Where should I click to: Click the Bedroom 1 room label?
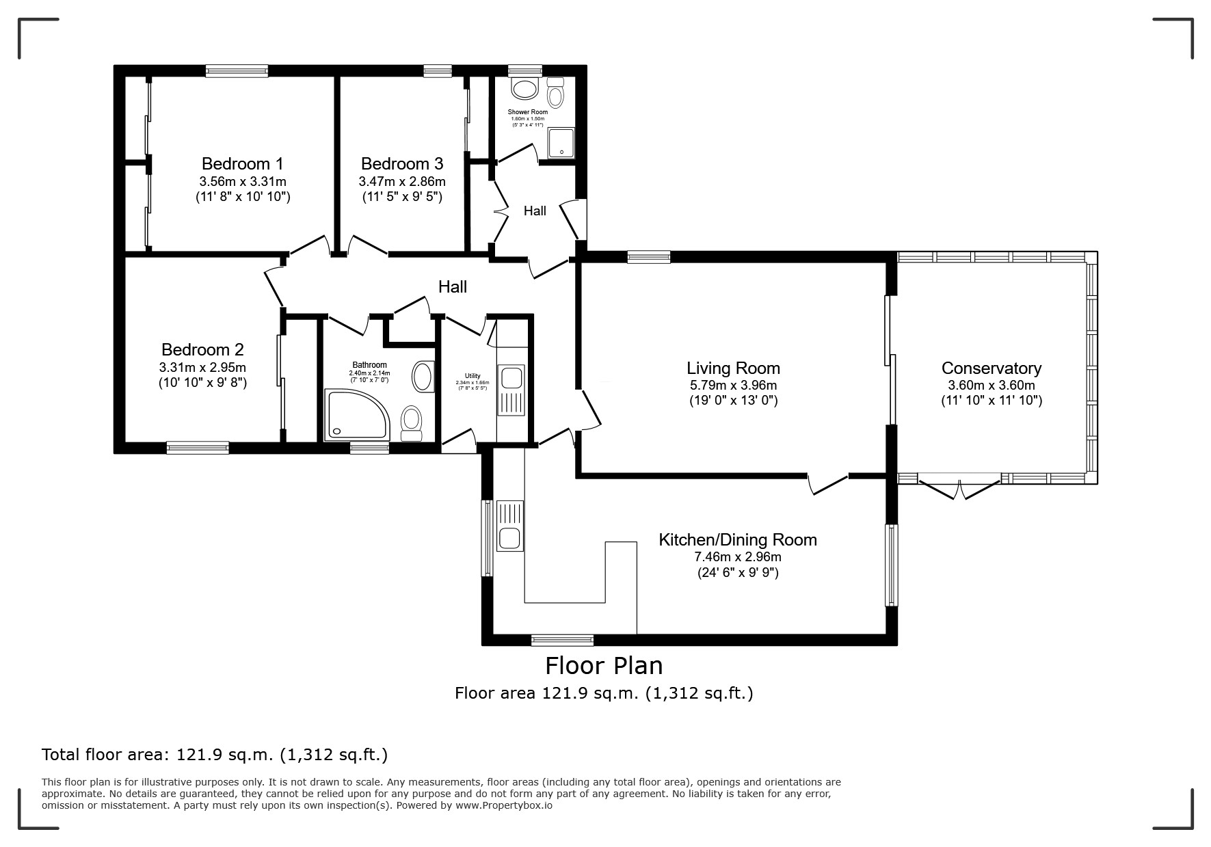tap(242, 164)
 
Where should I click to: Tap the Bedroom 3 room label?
tap(402, 164)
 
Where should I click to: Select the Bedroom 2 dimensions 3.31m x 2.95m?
tap(202, 367)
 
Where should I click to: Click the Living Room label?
tap(733, 369)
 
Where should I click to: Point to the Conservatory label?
tap(992, 368)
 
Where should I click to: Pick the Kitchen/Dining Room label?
tap(738, 539)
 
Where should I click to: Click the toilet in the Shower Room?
tap(555, 92)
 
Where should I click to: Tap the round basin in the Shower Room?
tap(526, 89)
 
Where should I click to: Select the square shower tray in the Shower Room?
tap(561, 143)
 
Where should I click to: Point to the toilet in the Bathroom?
tap(412, 424)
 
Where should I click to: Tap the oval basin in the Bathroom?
tap(423, 377)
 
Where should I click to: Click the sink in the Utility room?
tap(511, 390)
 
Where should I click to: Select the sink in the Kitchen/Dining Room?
tap(509, 526)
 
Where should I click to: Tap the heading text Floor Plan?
tap(604, 665)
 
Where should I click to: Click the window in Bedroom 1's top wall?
tap(237, 70)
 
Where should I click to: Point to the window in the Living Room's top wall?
tap(649, 257)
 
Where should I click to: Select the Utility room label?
tap(473, 376)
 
